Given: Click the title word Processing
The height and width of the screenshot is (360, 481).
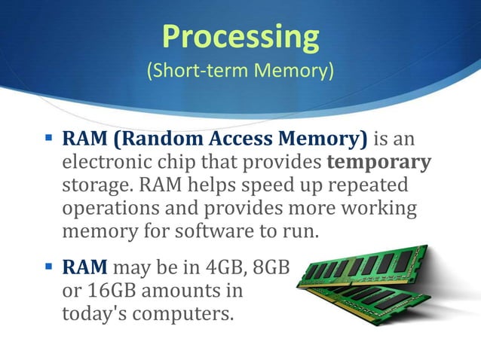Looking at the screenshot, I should (240, 37).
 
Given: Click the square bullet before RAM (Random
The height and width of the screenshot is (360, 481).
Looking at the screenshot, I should (47, 139).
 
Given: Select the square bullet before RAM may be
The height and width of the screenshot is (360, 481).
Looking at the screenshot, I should (47, 266).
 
